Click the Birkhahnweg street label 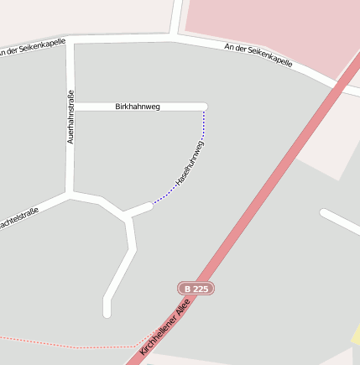point(137,107)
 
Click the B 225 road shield point(196,289)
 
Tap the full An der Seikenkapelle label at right point(258,55)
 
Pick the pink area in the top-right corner point(269,25)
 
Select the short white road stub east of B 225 point(340,223)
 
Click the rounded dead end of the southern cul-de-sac point(107,312)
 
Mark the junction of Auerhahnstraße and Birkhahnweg point(71,107)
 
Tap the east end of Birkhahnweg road point(203,107)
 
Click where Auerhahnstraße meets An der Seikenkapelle point(70,40)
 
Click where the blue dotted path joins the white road point(151,204)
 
